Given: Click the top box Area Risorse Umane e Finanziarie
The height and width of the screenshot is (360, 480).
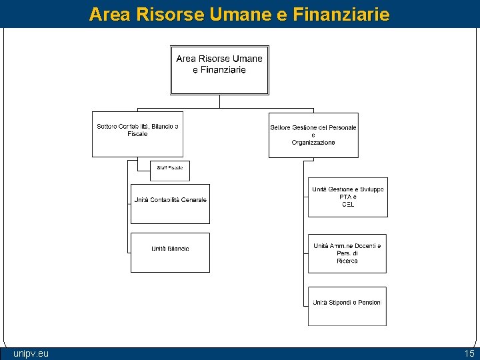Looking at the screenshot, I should (219, 69).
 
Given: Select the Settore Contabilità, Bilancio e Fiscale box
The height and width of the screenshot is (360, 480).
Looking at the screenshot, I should (137, 134).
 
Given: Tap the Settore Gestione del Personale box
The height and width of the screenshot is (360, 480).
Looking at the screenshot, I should (313, 135).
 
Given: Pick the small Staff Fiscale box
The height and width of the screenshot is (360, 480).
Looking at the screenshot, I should (170, 171).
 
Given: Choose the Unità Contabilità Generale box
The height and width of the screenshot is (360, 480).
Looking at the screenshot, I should (170, 203).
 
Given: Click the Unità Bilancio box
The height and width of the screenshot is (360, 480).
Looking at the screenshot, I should (170, 252).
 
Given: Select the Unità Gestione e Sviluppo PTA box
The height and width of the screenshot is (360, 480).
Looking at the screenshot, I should (347, 197).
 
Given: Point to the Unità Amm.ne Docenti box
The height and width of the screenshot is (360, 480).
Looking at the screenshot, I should (347, 253).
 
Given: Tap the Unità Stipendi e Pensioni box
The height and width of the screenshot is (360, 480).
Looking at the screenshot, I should (347, 306).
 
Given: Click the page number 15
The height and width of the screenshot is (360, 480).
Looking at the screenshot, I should (469, 353).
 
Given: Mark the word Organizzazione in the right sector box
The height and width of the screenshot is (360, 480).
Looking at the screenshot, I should (313, 143).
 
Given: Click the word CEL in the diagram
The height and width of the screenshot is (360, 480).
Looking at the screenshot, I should (348, 205).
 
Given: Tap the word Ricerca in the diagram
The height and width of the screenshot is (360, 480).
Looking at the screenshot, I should (347, 261).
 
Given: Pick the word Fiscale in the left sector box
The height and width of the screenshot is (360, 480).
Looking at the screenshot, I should (137, 134).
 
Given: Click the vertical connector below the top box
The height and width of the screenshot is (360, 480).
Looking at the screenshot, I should (219, 101).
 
